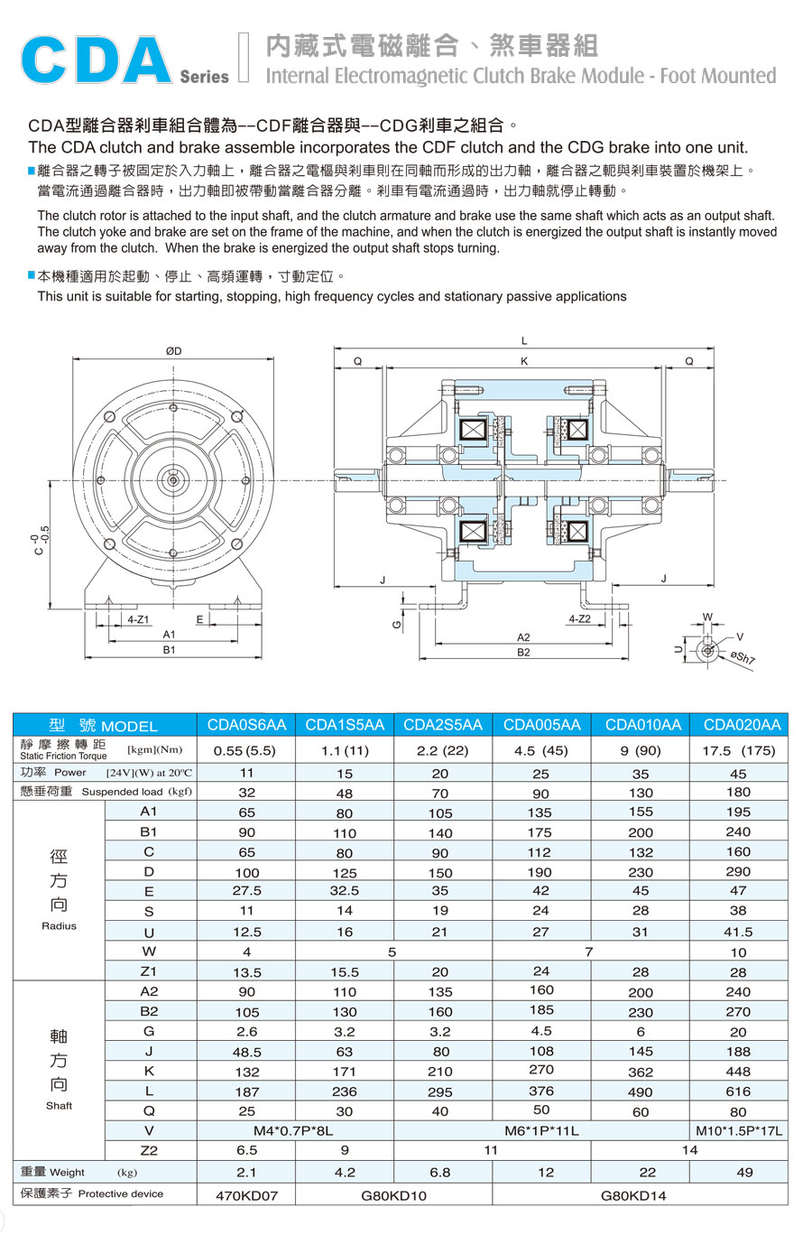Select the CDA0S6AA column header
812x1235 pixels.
[x=246, y=725]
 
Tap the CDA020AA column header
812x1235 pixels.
[x=742, y=725]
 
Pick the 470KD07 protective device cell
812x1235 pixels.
[x=246, y=1195]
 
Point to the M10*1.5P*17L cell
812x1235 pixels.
[x=739, y=1130]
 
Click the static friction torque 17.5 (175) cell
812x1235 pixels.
[x=738, y=750]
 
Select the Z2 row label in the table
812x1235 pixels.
[x=149, y=1150]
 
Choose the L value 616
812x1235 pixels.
[x=738, y=1091]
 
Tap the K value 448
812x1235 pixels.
[x=738, y=1072]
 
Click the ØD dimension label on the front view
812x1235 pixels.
[x=173, y=351]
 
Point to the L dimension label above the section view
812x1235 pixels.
[x=524, y=341]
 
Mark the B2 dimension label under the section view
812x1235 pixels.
[x=523, y=652]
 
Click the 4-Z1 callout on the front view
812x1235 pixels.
[x=138, y=620]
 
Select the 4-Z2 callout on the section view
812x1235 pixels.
[x=579, y=619]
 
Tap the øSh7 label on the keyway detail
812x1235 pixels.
[x=743, y=657]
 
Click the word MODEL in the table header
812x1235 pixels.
[x=129, y=726]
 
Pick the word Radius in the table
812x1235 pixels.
[x=59, y=926]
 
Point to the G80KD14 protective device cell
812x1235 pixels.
[x=640, y=1195]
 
